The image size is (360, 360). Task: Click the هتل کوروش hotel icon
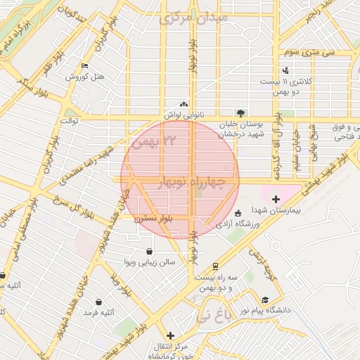[85, 66]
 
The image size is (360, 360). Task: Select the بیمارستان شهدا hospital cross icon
[276, 200]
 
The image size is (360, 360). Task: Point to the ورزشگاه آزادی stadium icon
[238, 213]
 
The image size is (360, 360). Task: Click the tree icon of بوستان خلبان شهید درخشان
[241, 112]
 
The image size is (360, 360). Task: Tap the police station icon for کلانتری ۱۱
[285, 70]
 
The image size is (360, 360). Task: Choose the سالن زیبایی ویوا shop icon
[149, 251]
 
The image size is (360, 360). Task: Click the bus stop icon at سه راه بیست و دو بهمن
[214, 266]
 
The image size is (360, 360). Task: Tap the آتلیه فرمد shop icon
[98, 302]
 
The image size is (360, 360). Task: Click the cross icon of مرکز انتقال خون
[169, 335]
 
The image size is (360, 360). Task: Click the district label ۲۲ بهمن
[146, 142]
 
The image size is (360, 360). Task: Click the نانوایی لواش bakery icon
[184, 103]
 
